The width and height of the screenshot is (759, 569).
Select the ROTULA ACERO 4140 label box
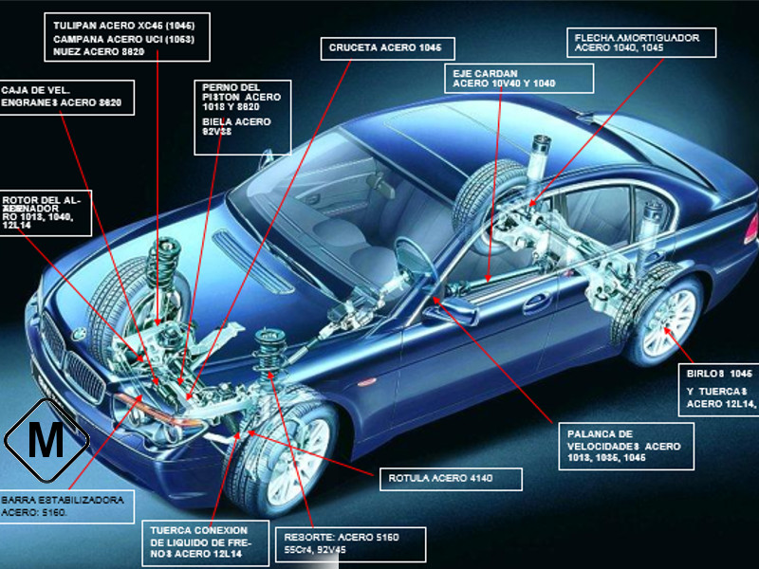(451, 478)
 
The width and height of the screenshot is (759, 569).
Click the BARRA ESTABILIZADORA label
(62, 505)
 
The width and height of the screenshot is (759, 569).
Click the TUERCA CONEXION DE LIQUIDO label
(198, 541)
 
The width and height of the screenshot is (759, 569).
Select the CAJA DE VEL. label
(62, 97)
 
